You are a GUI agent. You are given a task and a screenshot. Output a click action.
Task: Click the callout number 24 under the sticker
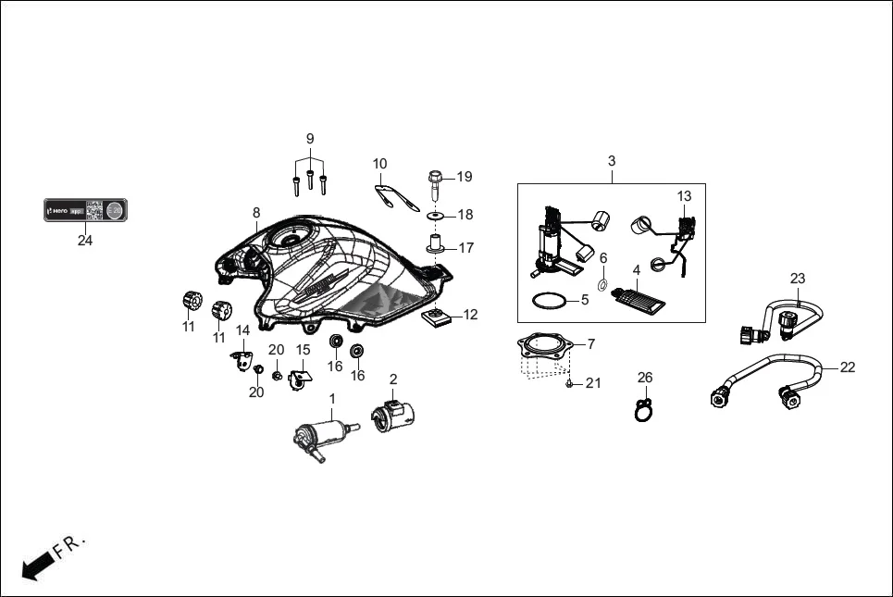(x=85, y=240)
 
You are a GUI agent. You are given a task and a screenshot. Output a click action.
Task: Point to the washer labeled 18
(x=434, y=216)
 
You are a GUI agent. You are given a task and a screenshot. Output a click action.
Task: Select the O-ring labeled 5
(x=549, y=301)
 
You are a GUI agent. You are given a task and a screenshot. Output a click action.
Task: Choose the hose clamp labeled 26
(x=644, y=406)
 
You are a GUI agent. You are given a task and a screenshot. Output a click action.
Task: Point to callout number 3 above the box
(x=611, y=161)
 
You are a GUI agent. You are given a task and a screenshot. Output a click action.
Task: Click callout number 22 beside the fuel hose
(x=848, y=367)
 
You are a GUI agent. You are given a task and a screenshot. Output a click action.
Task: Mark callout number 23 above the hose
(x=798, y=278)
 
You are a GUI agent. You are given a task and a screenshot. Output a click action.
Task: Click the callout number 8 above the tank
(x=256, y=213)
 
